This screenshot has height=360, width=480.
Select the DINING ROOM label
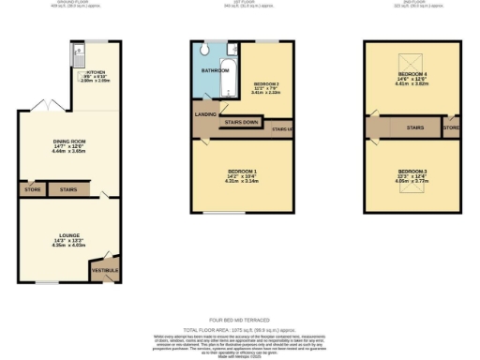click(68, 141)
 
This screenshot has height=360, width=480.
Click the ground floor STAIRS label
click(68, 189)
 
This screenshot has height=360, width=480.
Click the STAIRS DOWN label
click(243, 122)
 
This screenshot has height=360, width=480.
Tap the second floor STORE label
click(452, 125)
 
